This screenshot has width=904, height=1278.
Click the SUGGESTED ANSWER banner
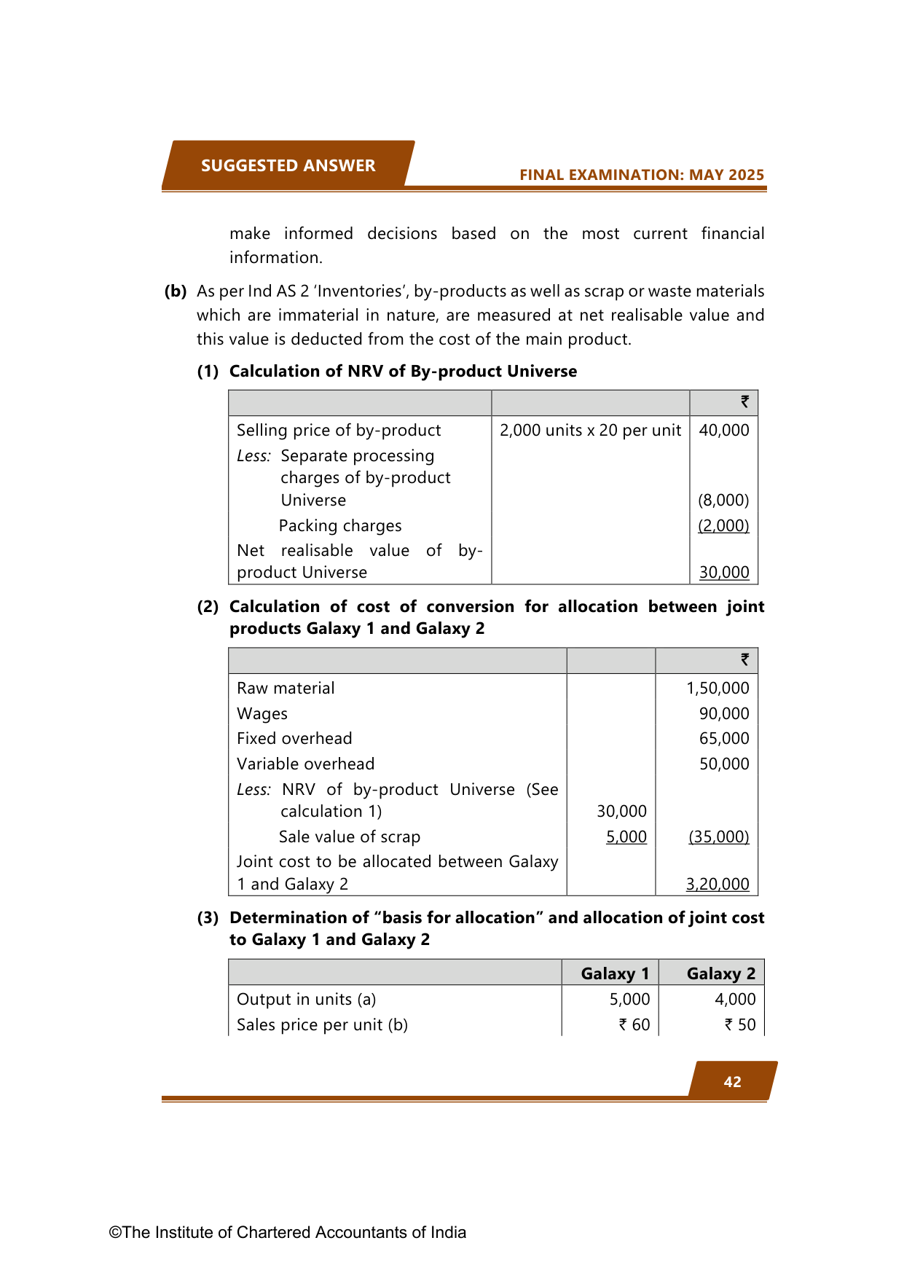click(288, 165)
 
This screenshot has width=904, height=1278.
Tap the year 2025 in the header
click(746, 175)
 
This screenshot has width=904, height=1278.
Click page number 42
click(732, 1082)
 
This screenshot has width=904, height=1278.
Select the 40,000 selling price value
click(723, 430)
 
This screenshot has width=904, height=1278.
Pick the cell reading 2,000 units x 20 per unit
click(590, 430)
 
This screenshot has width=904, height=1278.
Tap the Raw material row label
click(286, 688)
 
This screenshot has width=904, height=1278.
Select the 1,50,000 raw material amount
click(718, 688)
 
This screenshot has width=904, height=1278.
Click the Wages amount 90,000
click(724, 713)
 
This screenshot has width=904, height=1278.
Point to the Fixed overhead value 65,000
click(724, 738)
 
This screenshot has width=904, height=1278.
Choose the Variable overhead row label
click(305, 764)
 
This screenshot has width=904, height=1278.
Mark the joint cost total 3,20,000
click(718, 884)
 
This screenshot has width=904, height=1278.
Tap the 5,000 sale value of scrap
click(626, 836)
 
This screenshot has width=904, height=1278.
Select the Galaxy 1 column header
click(615, 973)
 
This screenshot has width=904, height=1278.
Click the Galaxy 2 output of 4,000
click(735, 999)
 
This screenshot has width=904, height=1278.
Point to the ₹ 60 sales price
click(634, 1024)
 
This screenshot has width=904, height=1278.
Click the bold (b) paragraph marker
click(176, 291)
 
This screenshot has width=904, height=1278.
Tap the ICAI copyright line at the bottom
click(287, 1232)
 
